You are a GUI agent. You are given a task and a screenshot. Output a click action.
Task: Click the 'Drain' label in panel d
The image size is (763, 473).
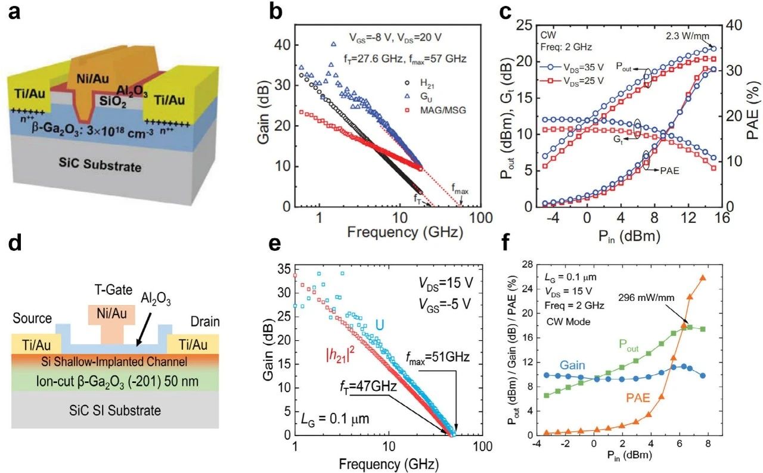[205, 322]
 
